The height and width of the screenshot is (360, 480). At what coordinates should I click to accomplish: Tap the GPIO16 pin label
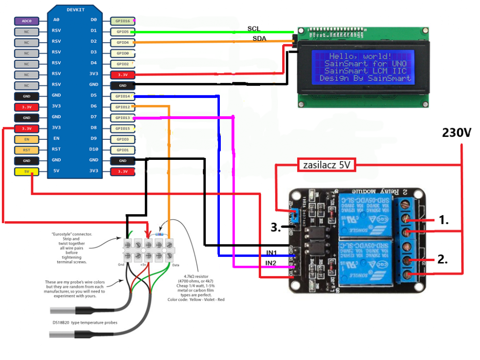point(122,21)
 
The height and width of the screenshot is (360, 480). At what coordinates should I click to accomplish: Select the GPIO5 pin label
point(122,32)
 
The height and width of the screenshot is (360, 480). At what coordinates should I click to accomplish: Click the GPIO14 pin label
point(122,96)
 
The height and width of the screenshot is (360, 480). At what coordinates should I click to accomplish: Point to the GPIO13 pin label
point(122,118)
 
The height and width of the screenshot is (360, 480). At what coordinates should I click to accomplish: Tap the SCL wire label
point(254,29)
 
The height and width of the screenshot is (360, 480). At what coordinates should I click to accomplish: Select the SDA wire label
point(260,38)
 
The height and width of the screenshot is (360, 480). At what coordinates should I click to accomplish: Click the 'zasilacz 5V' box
point(326,165)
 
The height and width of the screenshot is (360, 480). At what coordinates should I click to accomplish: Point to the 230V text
point(456,133)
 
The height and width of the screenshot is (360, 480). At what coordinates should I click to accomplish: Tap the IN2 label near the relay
point(271,263)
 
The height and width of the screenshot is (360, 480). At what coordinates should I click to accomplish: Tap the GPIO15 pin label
point(122,128)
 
